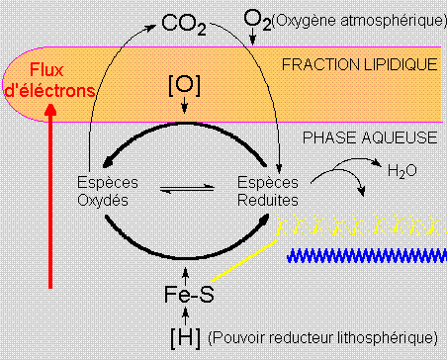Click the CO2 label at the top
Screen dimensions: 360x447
pos(186,21)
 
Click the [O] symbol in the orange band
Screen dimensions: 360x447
pos(186,86)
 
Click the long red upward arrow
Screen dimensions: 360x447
pos(51,198)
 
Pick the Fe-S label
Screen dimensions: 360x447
pos(187,295)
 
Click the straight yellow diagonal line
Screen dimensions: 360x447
pos(247,262)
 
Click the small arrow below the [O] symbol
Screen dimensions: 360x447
pos(186,111)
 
